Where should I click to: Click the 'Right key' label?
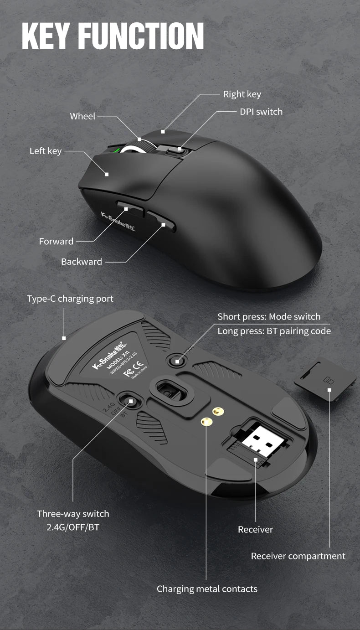coord(242,94)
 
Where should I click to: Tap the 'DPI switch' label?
coord(261,112)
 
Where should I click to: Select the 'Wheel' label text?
coord(82,116)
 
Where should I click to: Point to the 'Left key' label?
coord(46,151)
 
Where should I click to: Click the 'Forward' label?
coord(56,241)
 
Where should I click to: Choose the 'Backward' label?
coord(82,262)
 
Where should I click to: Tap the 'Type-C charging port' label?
coord(70,299)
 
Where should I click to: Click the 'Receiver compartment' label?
coord(298,556)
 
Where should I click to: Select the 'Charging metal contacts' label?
coord(207,589)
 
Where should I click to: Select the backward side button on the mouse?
coord(160,222)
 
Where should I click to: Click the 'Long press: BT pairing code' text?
coord(274,331)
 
